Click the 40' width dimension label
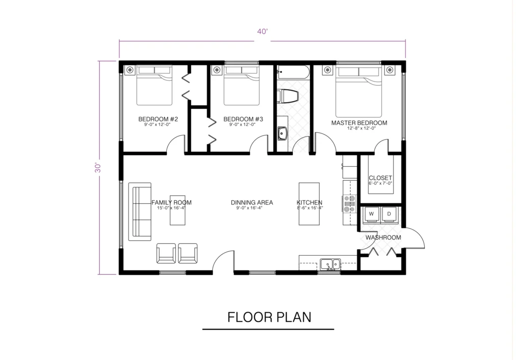(262, 31)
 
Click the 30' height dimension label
(99, 168)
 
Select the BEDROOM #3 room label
(242, 119)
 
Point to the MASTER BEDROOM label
(359, 123)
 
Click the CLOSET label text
(380, 178)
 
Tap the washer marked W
(371, 214)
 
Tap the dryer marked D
(390, 214)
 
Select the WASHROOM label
(383, 237)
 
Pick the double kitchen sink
(331, 263)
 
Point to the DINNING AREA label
(252, 202)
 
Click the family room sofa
(140, 212)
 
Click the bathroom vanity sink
(282, 133)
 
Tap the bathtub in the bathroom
(292, 73)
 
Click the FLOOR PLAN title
(269, 317)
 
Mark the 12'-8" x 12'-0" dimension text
(359, 129)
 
